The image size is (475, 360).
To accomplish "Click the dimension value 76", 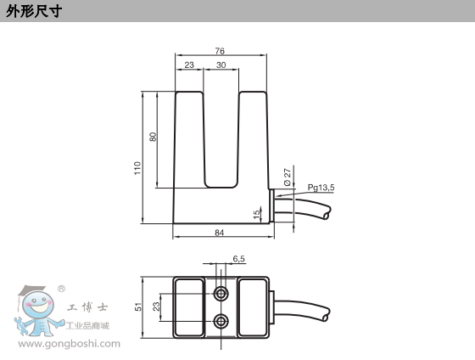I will coord(221,51).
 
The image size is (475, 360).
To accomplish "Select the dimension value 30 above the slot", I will coord(221,65).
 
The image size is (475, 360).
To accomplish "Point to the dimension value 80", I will coord(154,137).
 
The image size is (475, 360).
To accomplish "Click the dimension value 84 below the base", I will coord(220,232).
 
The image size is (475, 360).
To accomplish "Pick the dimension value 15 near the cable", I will coord(258,212).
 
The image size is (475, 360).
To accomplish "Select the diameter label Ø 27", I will coord(288,177).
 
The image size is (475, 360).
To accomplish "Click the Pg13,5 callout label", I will coord(321,188).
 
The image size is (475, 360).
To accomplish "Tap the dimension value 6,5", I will coord(238,259).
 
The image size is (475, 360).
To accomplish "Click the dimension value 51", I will coord(138,306).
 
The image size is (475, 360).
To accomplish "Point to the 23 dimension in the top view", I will coord(156,306).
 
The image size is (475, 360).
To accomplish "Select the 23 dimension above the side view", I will coord(188,65).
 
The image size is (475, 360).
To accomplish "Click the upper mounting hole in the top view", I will coord(221,293).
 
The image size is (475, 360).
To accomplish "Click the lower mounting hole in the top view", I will coord(221,320).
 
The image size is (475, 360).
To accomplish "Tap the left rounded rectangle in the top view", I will coord(189,307).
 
